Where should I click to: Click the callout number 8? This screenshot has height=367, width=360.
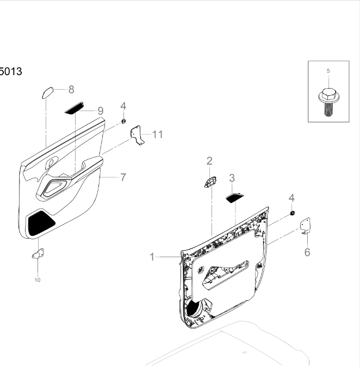[71, 90]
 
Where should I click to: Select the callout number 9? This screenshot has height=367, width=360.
[101, 111]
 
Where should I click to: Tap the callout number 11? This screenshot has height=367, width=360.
[157, 134]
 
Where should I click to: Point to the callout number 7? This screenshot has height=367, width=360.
[123, 177]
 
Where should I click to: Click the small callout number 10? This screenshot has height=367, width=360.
[38, 280]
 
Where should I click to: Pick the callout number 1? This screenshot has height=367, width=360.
[153, 257]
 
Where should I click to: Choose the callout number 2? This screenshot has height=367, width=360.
[209, 160]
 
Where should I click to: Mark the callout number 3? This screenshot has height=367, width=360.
[232, 178]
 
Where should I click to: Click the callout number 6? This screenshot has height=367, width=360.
[307, 252]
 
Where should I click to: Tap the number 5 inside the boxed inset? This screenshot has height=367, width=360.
[328, 71]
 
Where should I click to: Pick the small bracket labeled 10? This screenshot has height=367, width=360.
[38, 253]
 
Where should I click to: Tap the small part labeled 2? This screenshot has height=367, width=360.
[210, 182]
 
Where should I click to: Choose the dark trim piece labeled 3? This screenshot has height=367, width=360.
[234, 197]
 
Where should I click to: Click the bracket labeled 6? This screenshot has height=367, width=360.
[306, 226]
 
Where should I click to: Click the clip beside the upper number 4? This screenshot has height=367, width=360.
[123, 121]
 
